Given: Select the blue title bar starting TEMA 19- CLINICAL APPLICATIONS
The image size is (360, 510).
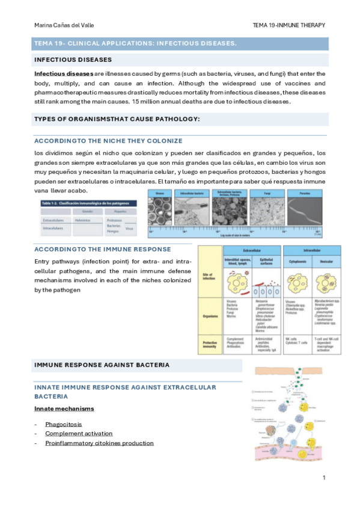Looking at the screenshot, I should (x=135, y=43).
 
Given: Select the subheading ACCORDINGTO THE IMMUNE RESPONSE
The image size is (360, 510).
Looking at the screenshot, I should (x=103, y=249).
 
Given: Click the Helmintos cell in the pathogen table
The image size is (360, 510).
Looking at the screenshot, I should (x=84, y=220).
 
